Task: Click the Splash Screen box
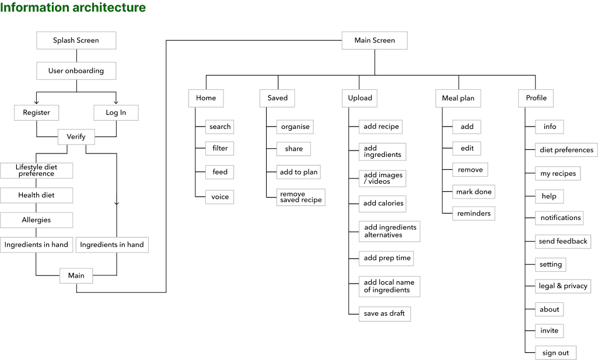pos(76,40)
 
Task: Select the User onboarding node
pos(76,71)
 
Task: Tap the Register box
pos(36,113)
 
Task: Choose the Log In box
pos(116,113)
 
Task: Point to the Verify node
pos(76,137)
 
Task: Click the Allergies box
pos(36,220)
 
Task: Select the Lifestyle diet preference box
pos(36,170)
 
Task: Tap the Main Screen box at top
pos(375,40)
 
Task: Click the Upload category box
pos(360,98)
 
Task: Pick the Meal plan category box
pos(458,98)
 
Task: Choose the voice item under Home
pos(220,197)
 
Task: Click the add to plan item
pos(299,172)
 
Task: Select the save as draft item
pos(384,313)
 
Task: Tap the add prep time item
pos(387,258)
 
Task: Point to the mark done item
pos(474,191)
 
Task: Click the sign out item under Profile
pos(555,353)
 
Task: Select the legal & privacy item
pos(563,286)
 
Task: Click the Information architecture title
pos(73,8)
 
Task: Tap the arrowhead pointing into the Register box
pos(36,102)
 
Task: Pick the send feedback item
pos(563,241)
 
